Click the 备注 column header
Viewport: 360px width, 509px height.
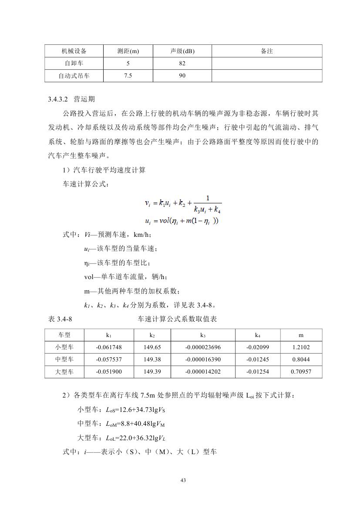[267, 51]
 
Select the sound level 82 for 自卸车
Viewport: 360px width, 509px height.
[182, 64]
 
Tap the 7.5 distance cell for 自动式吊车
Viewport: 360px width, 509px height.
[128, 76]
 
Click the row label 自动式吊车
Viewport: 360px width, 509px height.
[74, 76]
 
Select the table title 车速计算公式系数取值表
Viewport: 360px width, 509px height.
[178, 319]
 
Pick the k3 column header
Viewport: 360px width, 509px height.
[203, 335]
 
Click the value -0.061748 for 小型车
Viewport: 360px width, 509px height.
[109, 347]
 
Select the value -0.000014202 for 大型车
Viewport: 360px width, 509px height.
[203, 372]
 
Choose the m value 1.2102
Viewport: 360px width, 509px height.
[301, 347]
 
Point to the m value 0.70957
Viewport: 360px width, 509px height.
[301, 372]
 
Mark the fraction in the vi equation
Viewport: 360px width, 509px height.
[207, 204]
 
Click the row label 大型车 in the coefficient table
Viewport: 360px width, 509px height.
[65, 372]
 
